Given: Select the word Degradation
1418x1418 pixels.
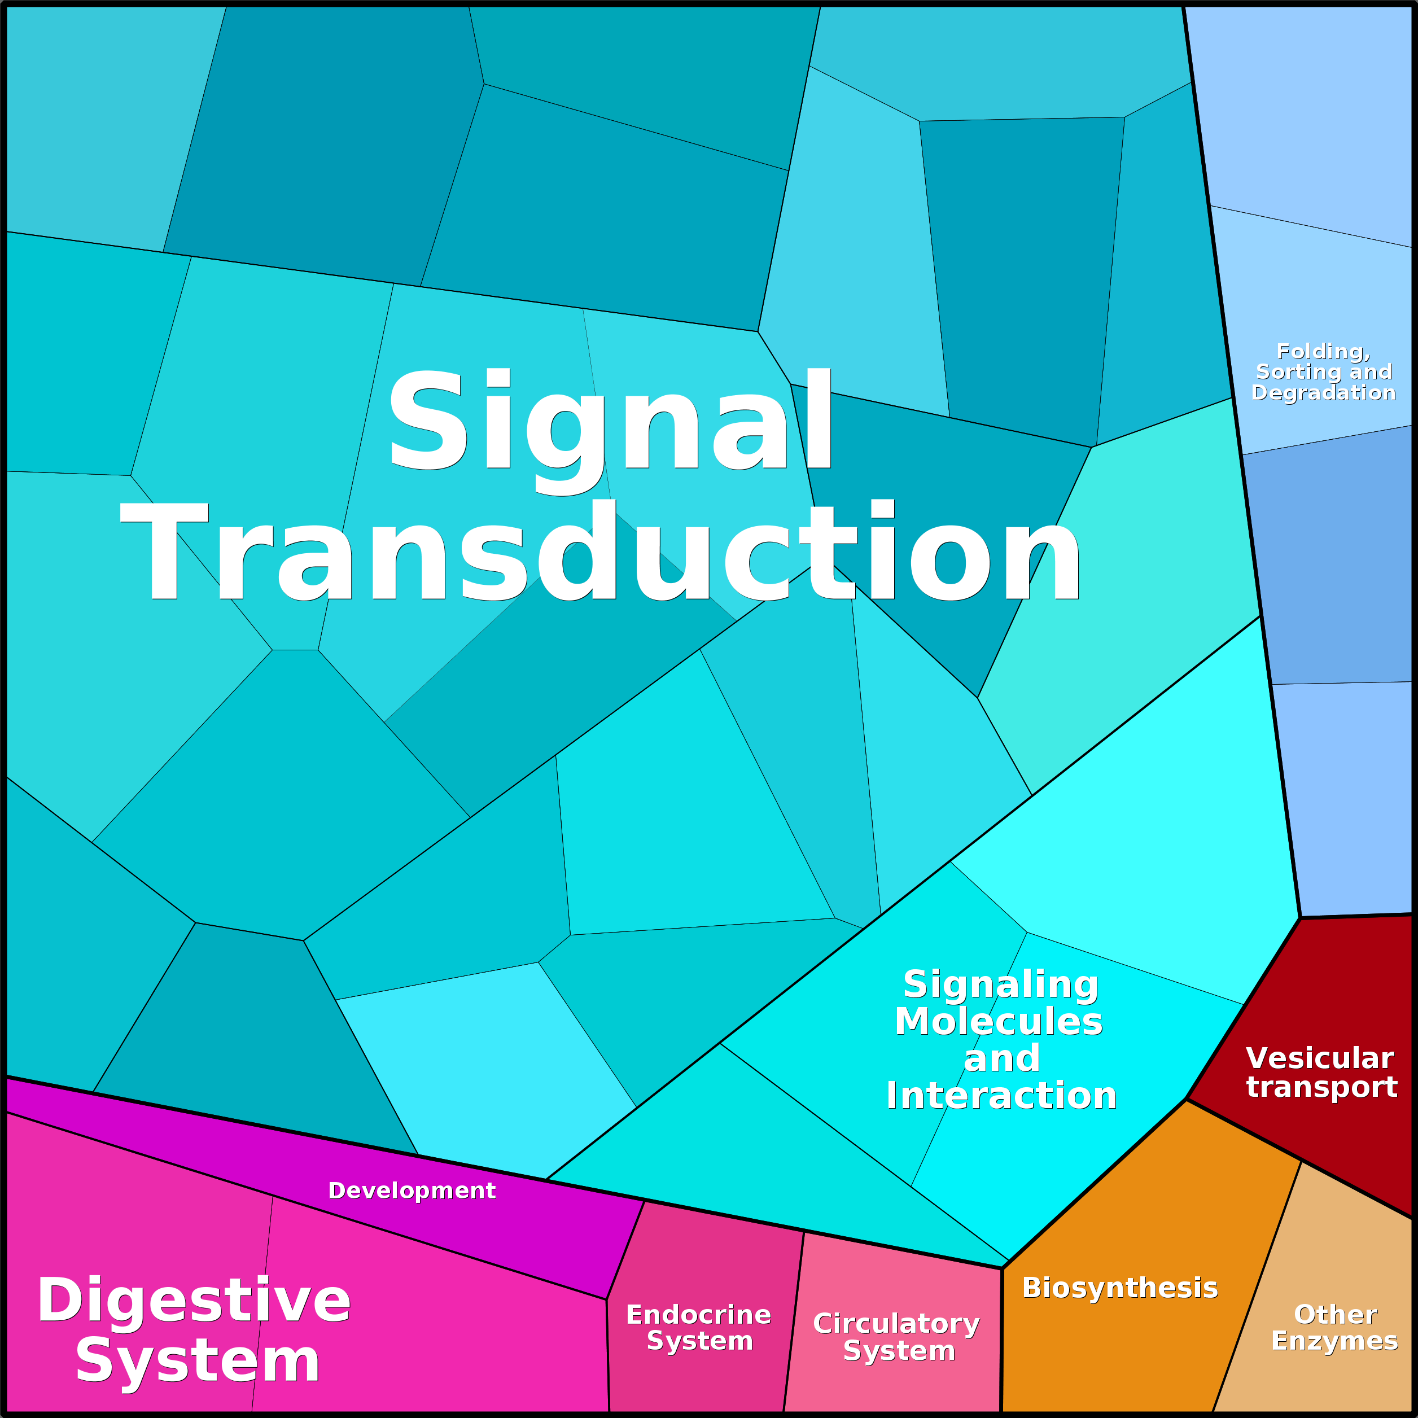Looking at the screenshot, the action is click(x=1323, y=393).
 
